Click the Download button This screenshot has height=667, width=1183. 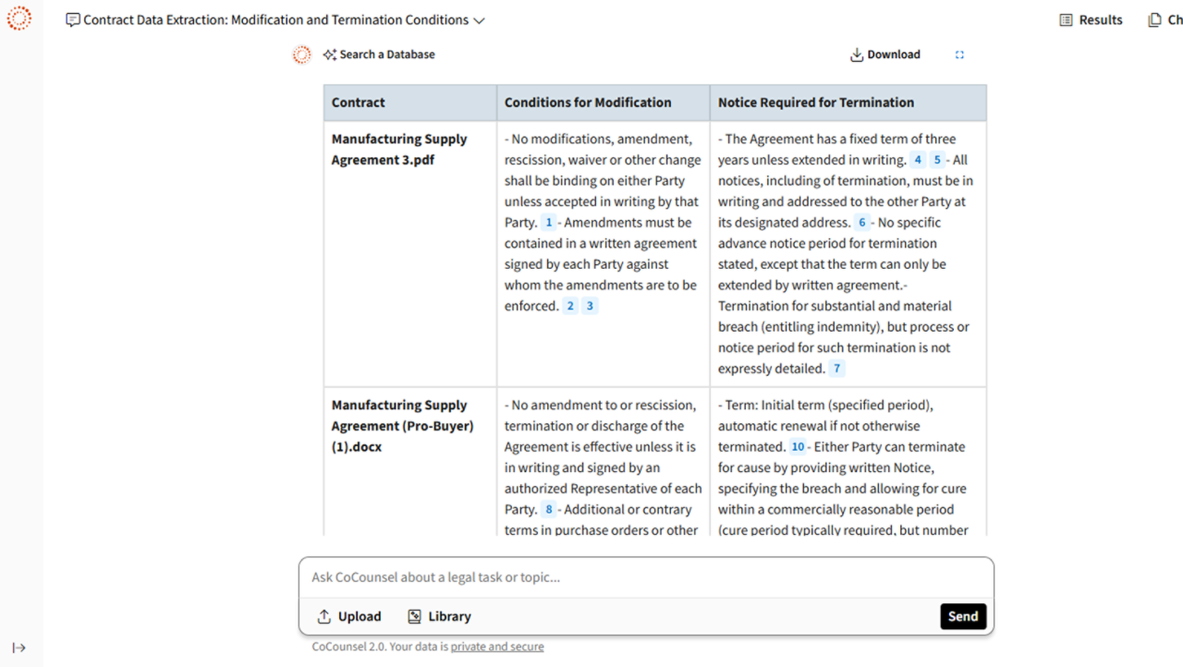click(885, 55)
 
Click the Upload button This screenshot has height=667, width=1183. click(348, 616)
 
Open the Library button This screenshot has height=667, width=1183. click(439, 616)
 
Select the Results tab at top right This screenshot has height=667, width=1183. click(1091, 19)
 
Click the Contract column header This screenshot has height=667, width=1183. click(359, 103)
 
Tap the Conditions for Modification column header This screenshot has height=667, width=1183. click(588, 103)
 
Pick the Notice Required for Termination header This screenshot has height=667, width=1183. click(816, 103)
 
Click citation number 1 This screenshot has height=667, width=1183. click(549, 223)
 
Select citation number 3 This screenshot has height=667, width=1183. click(590, 306)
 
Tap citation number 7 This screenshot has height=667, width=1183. click(837, 369)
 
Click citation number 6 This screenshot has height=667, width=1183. click(862, 223)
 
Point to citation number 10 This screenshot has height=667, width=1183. click(798, 447)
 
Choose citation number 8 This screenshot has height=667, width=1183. click(549, 510)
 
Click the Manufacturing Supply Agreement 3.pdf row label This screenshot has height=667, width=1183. click(399, 149)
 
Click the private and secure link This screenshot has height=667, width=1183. click(497, 647)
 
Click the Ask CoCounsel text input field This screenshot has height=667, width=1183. click(645, 577)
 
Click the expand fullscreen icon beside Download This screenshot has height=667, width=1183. click(959, 55)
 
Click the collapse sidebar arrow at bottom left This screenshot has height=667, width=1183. click(18, 648)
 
